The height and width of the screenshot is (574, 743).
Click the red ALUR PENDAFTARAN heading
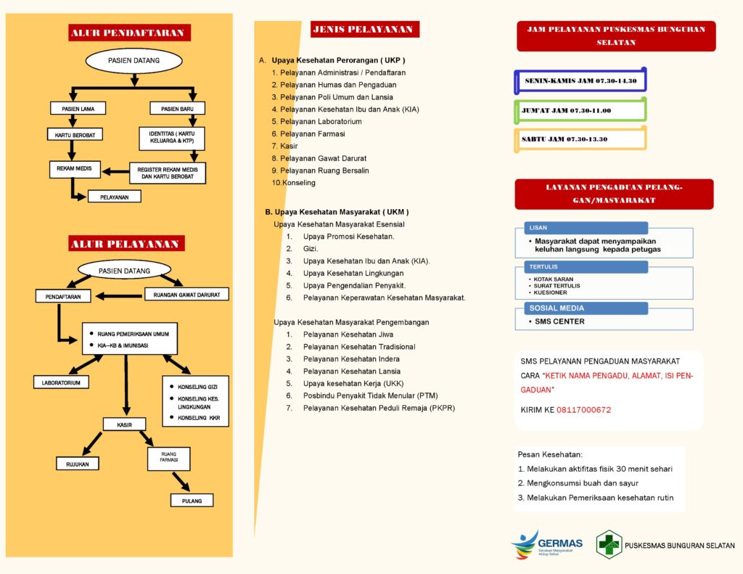[129, 33]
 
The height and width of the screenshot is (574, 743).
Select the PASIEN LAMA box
[78, 109]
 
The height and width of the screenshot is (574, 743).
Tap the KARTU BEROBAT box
[75, 135]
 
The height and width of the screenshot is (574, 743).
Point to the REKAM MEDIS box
[75, 169]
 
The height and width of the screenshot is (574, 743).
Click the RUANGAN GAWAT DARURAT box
[186, 295]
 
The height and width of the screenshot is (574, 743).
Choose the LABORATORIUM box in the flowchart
[61, 382]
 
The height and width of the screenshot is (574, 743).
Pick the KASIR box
[125, 425]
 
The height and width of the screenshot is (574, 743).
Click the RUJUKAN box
[77, 464]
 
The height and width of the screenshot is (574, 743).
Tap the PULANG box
[192, 501]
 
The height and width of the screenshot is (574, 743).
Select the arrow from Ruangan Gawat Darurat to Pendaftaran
[119, 296]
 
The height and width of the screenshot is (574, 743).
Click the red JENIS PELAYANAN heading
[365, 29]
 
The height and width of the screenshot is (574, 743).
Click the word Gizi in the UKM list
[311, 249]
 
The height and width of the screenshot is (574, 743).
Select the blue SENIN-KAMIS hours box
[580, 81]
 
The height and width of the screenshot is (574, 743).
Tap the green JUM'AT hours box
[580, 110]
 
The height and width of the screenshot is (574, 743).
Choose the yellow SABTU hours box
[580, 139]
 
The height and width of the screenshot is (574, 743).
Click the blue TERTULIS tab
[586, 267]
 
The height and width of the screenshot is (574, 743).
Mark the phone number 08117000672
[584, 410]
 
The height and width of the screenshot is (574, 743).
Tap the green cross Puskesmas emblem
[609, 545]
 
